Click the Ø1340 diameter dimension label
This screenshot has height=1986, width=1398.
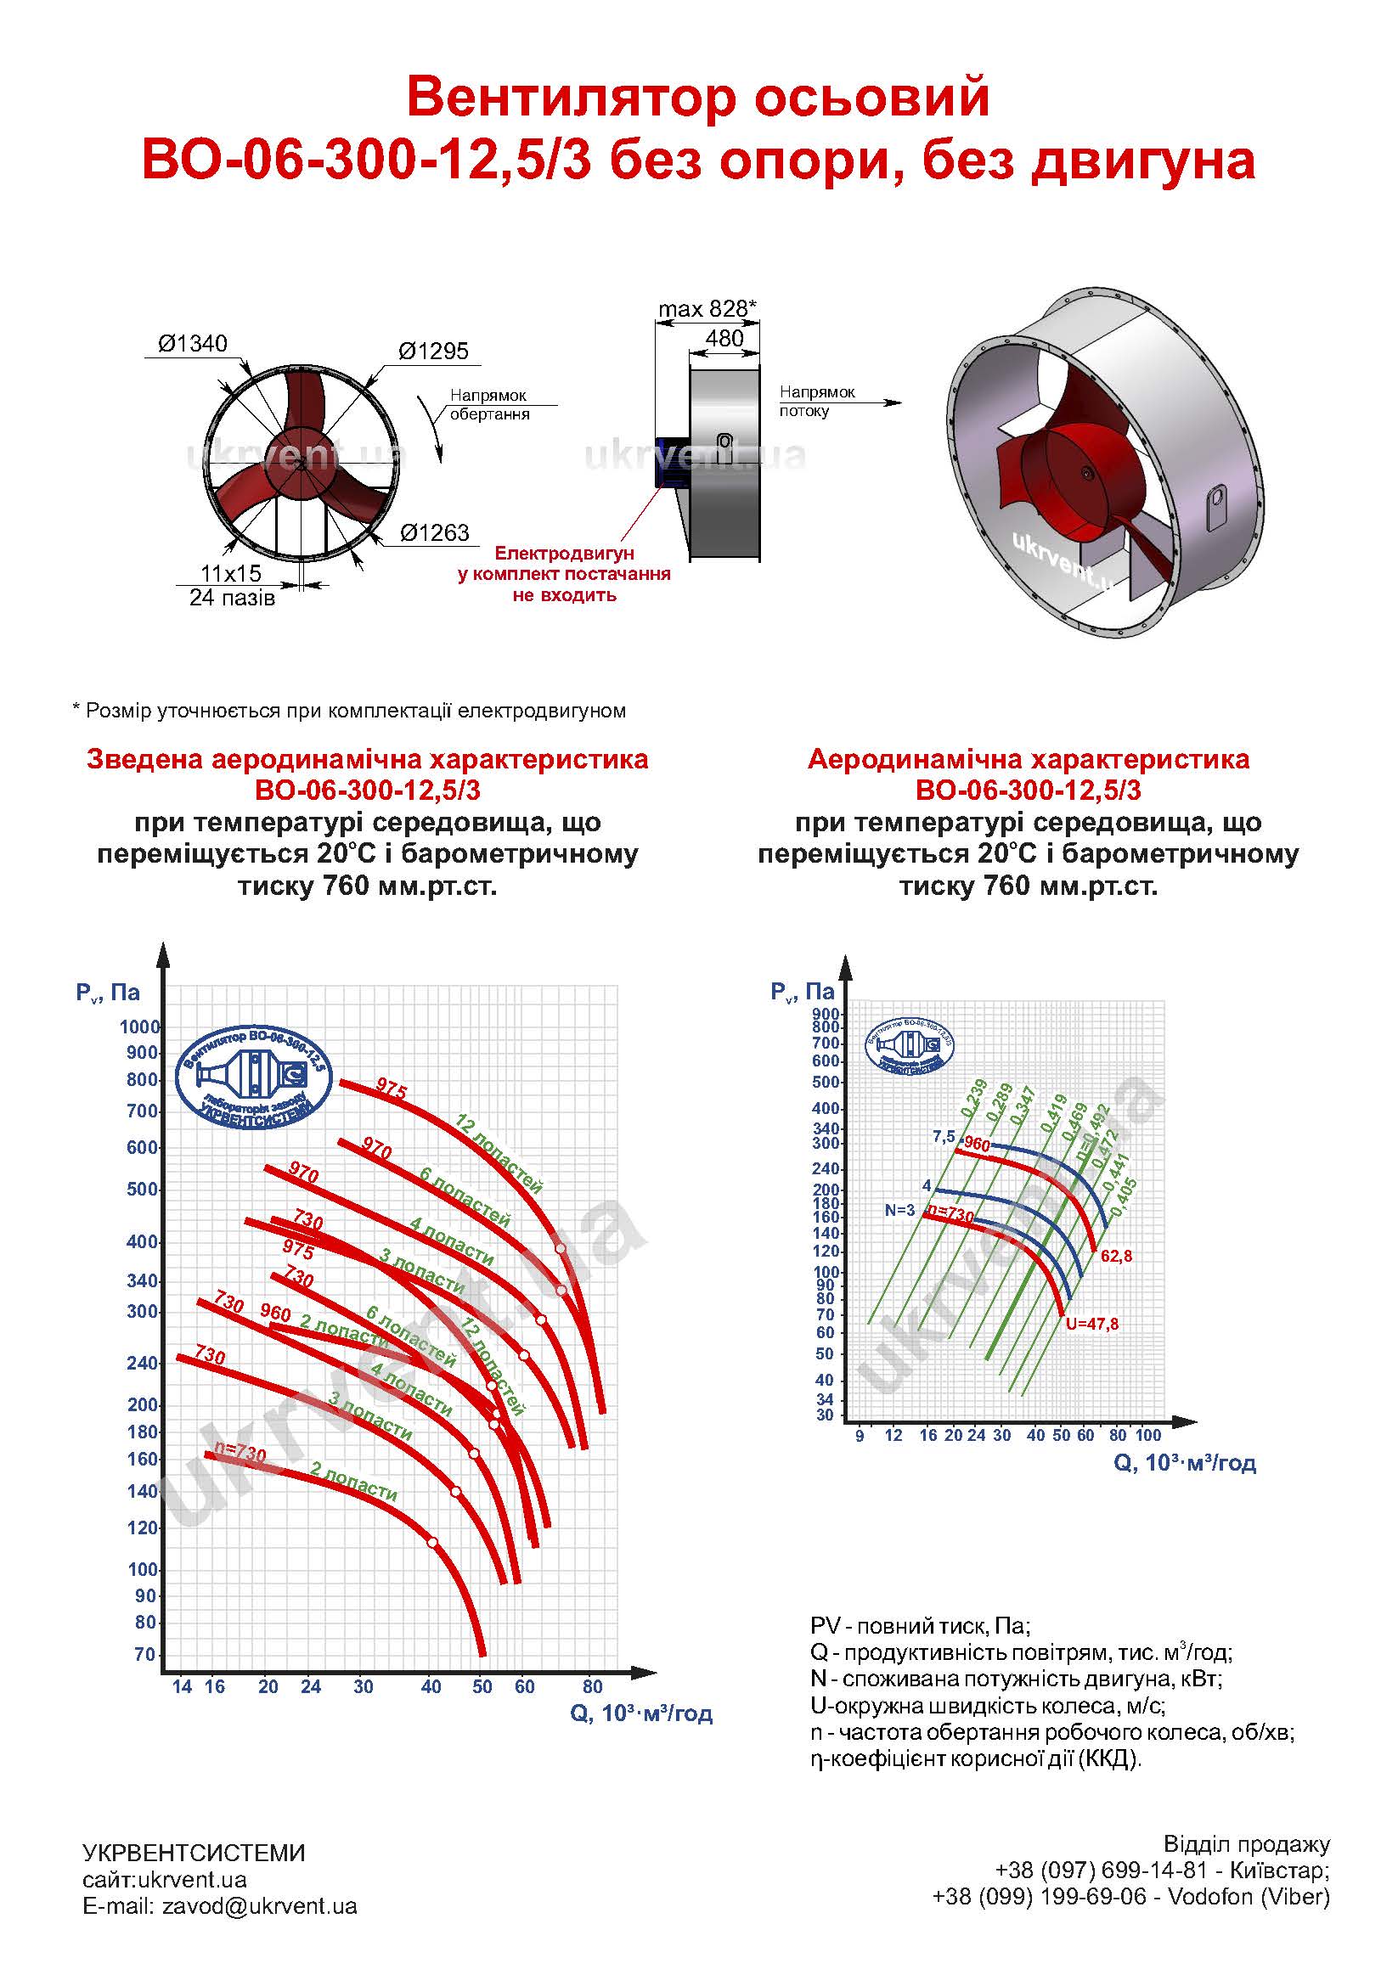(x=192, y=343)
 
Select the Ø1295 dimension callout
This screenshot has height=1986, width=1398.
(x=432, y=352)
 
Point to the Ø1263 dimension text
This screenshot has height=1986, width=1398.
(x=434, y=532)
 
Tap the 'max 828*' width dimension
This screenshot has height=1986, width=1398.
(x=707, y=309)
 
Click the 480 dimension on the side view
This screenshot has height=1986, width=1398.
(x=724, y=338)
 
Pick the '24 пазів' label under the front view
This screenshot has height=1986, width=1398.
(x=232, y=597)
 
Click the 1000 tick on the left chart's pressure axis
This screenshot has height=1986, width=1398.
(x=140, y=1027)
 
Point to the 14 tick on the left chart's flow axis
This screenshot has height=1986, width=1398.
(x=182, y=1686)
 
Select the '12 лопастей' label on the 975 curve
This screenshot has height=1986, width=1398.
(x=499, y=1154)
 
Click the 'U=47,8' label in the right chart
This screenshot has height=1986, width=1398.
(x=1091, y=1324)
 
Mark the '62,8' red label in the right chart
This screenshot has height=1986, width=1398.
(x=1116, y=1256)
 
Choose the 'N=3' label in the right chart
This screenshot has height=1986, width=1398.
(x=899, y=1210)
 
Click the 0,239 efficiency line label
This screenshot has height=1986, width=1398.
(x=974, y=1098)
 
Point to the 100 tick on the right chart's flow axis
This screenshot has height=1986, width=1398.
(x=1147, y=1435)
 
